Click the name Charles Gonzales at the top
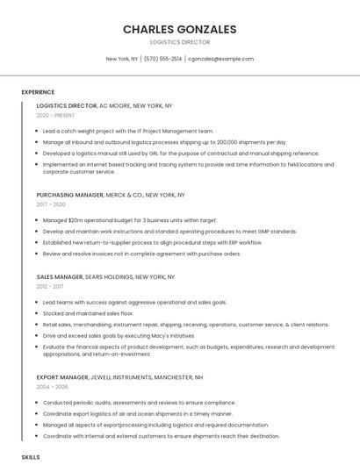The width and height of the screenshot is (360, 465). (x=179, y=29)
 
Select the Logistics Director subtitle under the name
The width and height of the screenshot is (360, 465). (x=179, y=41)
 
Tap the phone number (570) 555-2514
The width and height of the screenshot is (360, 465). (x=162, y=59)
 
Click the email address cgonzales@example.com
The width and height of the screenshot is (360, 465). (x=220, y=59)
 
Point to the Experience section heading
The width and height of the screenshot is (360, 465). (x=38, y=92)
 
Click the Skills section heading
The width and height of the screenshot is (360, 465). (x=30, y=457)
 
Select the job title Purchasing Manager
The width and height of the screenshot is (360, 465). (x=69, y=195)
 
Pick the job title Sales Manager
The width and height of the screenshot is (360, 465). (x=60, y=276)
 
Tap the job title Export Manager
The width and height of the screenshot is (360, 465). (x=62, y=377)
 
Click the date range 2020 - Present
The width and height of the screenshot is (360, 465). (x=55, y=115)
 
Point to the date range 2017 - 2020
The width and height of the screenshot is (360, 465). (x=51, y=204)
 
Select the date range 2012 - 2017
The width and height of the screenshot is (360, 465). (x=50, y=286)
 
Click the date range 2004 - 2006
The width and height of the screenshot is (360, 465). (x=51, y=387)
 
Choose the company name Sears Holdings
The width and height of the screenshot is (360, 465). (x=110, y=276)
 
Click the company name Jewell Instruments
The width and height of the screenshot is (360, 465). (x=126, y=377)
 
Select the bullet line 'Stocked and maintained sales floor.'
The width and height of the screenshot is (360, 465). (x=88, y=313)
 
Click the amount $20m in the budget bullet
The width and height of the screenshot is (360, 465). (x=76, y=220)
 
